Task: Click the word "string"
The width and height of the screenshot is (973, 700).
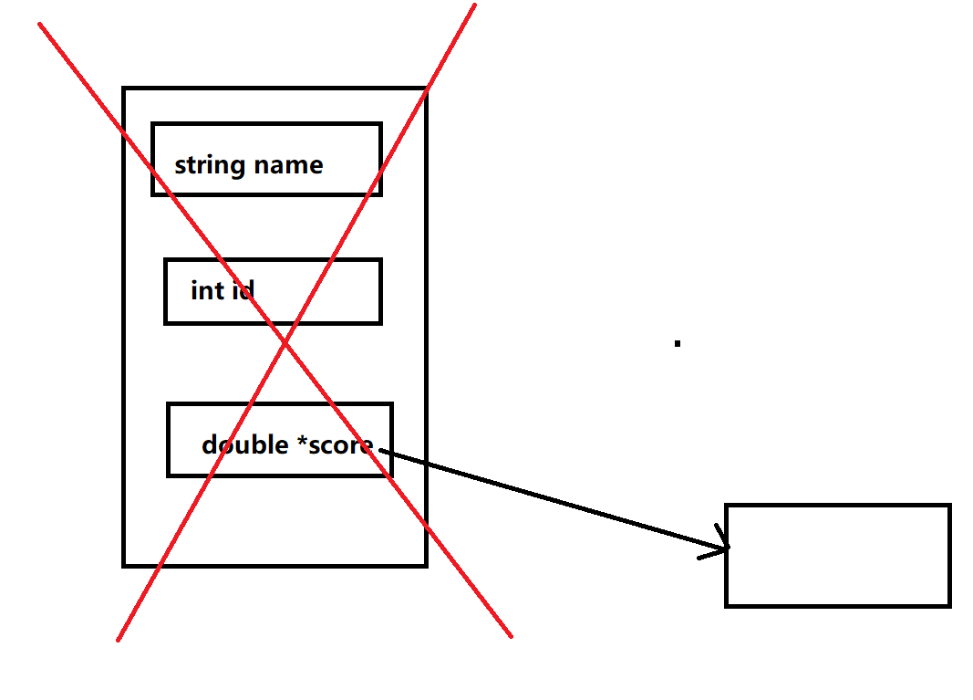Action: coord(210,166)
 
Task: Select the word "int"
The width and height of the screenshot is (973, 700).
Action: coord(207,291)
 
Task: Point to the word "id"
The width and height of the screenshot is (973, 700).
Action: coord(243,291)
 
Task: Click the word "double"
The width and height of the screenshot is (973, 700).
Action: coord(245,444)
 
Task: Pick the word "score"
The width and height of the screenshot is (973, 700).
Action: coord(341,445)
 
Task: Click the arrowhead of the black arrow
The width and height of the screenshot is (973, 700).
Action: coord(728,548)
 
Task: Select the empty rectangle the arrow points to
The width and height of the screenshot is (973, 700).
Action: coord(837,555)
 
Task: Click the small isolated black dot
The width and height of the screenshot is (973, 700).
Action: coord(678,343)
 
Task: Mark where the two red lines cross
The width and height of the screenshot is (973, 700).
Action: coord(285,342)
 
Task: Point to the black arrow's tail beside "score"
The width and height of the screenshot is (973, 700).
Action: coord(381,450)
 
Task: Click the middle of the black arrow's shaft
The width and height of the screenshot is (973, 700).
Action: coord(554,499)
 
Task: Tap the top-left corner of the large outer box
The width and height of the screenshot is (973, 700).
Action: coord(124,89)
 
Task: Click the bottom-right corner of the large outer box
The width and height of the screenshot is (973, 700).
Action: coord(426,565)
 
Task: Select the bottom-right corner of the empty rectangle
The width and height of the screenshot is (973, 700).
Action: coord(949,605)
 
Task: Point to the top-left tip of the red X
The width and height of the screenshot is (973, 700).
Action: coord(39,24)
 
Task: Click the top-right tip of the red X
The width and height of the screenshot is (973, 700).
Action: coord(475,5)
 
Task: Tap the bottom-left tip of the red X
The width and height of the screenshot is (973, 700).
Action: coord(118,640)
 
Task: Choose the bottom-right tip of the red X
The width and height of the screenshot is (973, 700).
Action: coord(511,636)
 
